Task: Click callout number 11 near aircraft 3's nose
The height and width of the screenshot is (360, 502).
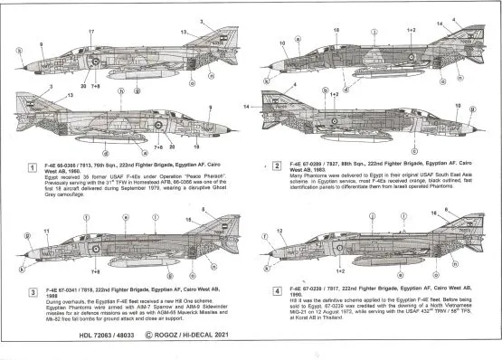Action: coord(44,232)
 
